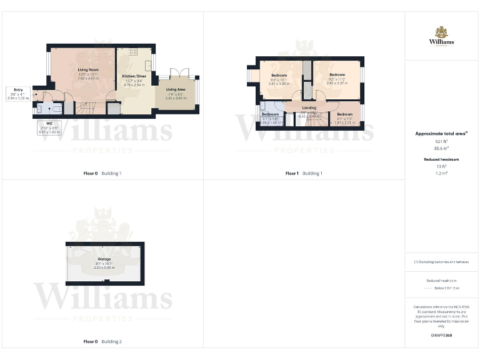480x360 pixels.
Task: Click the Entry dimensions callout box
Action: (x=17, y=94)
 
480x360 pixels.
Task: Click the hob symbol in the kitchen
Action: (x=133, y=51)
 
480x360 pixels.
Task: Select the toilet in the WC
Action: (x=41, y=107)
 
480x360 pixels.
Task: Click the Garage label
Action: (x=104, y=259)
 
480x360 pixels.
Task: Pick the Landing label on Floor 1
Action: (x=309, y=107)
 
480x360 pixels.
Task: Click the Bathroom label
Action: (x=270, y=114)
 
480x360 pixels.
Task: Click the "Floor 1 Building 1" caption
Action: (x=304, y=173)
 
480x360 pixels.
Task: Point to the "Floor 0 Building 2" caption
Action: (x=102, y=342)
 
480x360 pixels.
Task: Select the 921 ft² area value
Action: (x=441, y=141)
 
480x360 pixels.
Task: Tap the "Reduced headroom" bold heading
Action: (x=441, y=159)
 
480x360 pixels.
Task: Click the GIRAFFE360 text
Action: (x=441, y=336)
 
